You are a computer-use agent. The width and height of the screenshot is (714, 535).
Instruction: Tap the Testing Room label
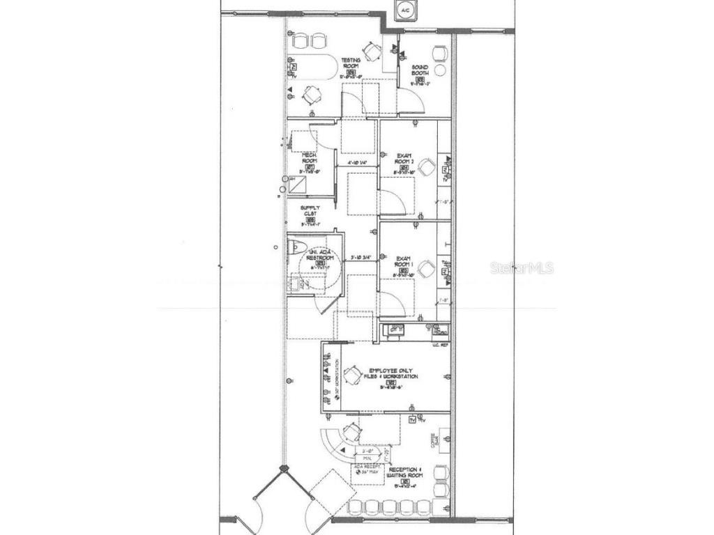(x=351, y=64)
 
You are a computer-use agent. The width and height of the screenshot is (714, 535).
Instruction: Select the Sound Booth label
(x=420, y=71)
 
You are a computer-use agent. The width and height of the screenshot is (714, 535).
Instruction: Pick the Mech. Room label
(x=310, y=160)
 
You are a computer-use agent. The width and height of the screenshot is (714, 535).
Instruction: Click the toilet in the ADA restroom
(x=294, y=247)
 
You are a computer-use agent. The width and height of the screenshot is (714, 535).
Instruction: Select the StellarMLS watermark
(x=522, y=267)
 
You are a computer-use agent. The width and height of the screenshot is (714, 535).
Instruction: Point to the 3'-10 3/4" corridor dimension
(x=361, y=258)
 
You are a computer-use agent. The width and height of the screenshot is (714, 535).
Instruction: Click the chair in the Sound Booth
(x=440, y=53)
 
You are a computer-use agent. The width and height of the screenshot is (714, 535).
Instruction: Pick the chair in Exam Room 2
(x=427, y=166)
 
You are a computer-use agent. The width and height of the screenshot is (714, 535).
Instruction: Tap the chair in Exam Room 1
(x=427, y=267)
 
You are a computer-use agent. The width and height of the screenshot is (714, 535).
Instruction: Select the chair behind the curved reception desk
(x=351, y=433)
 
